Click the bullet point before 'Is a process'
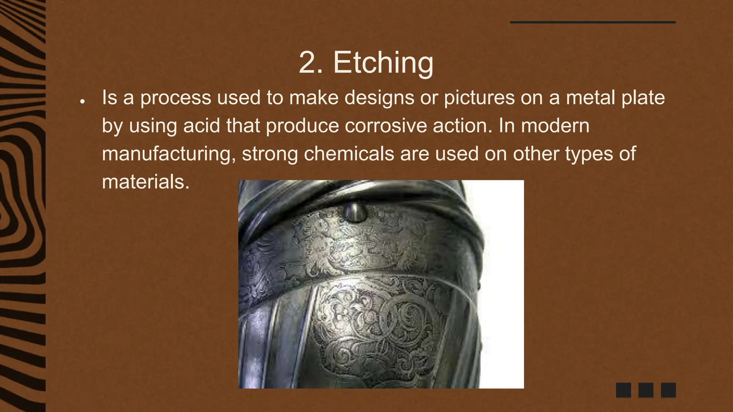click(82, 102)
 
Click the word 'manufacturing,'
click(169, 153)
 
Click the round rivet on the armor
click(354, 212)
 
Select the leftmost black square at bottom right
click(623, 390)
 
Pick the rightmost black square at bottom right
click(668, 390)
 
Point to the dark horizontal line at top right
click(593, 22)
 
